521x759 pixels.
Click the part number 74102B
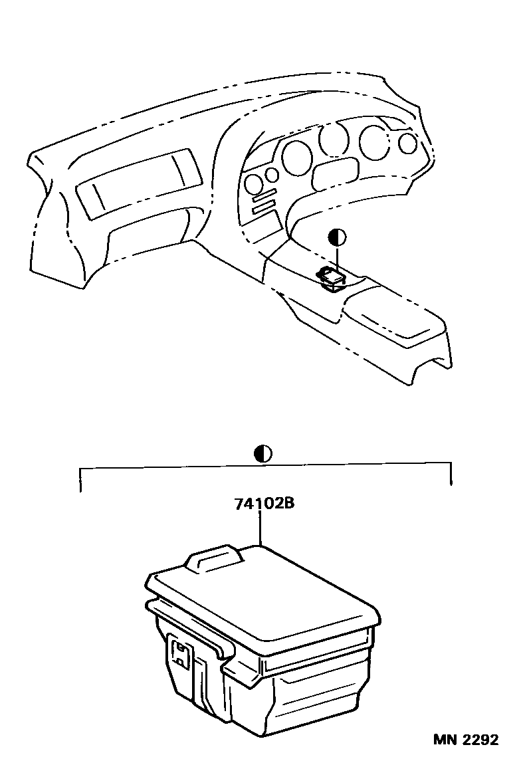point(264,504)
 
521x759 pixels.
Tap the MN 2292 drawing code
point(465,740)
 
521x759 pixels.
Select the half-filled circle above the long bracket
point(262,454)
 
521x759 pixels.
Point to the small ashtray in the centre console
point(331,279)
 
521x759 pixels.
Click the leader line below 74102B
point(260,528)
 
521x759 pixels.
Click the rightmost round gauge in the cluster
point(408,142)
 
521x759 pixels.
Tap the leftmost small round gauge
point(253,184)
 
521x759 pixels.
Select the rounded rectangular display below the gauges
point(336,175)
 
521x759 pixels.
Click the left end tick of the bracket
point(80,480)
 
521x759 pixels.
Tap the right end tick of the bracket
point(451,474)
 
